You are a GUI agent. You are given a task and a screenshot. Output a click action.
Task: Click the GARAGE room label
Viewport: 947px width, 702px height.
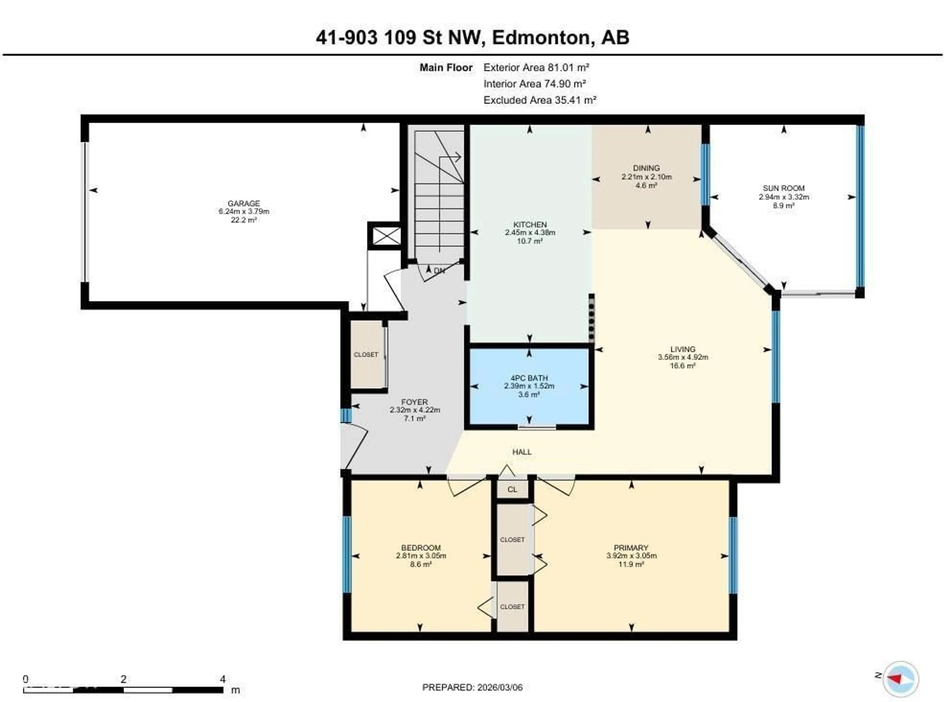point(243,203)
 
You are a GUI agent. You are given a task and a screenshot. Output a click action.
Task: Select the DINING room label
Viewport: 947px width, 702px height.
point(646,168)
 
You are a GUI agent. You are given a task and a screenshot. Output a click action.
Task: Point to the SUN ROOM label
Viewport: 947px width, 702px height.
point(783,188)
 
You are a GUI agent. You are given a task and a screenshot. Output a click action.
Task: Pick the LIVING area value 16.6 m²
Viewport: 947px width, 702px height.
point(682,365)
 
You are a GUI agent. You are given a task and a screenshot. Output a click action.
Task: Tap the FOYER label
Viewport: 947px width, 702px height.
point(415,401)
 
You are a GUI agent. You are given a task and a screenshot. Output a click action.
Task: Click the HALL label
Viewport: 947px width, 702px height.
point(522,452)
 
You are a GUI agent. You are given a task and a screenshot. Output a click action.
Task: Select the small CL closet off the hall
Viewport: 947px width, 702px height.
point(512,489)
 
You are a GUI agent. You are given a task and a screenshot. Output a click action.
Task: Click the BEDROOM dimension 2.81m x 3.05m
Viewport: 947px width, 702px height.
point(420,555)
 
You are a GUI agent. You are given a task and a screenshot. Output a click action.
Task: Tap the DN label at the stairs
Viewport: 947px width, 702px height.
point(439,270)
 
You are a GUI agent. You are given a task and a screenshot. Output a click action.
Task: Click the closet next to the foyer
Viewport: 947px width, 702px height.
point(366,354)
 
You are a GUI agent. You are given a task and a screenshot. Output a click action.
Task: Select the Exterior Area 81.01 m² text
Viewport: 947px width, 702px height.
point(536,67)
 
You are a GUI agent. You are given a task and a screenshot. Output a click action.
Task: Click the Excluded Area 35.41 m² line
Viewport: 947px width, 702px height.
point(540,100)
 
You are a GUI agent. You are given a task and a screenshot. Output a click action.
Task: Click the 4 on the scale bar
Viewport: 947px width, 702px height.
point(222,679)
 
